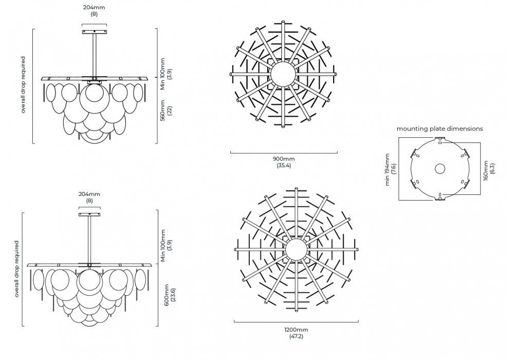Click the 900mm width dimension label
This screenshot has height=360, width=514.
pos(284,159)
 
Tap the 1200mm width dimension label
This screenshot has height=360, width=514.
pos(296,330)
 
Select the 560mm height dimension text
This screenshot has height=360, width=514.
pos(162,111)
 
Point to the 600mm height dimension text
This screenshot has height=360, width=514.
pos(167,295)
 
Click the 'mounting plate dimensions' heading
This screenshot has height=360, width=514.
pos(439,129)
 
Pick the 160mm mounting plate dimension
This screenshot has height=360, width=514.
pos(486,170)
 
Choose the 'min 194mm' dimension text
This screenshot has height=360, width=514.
pos(388,170)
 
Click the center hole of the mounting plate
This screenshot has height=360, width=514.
pos(440,169)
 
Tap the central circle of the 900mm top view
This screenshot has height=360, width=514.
pos(283,74)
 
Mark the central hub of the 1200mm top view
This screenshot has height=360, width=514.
pos(297,249)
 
